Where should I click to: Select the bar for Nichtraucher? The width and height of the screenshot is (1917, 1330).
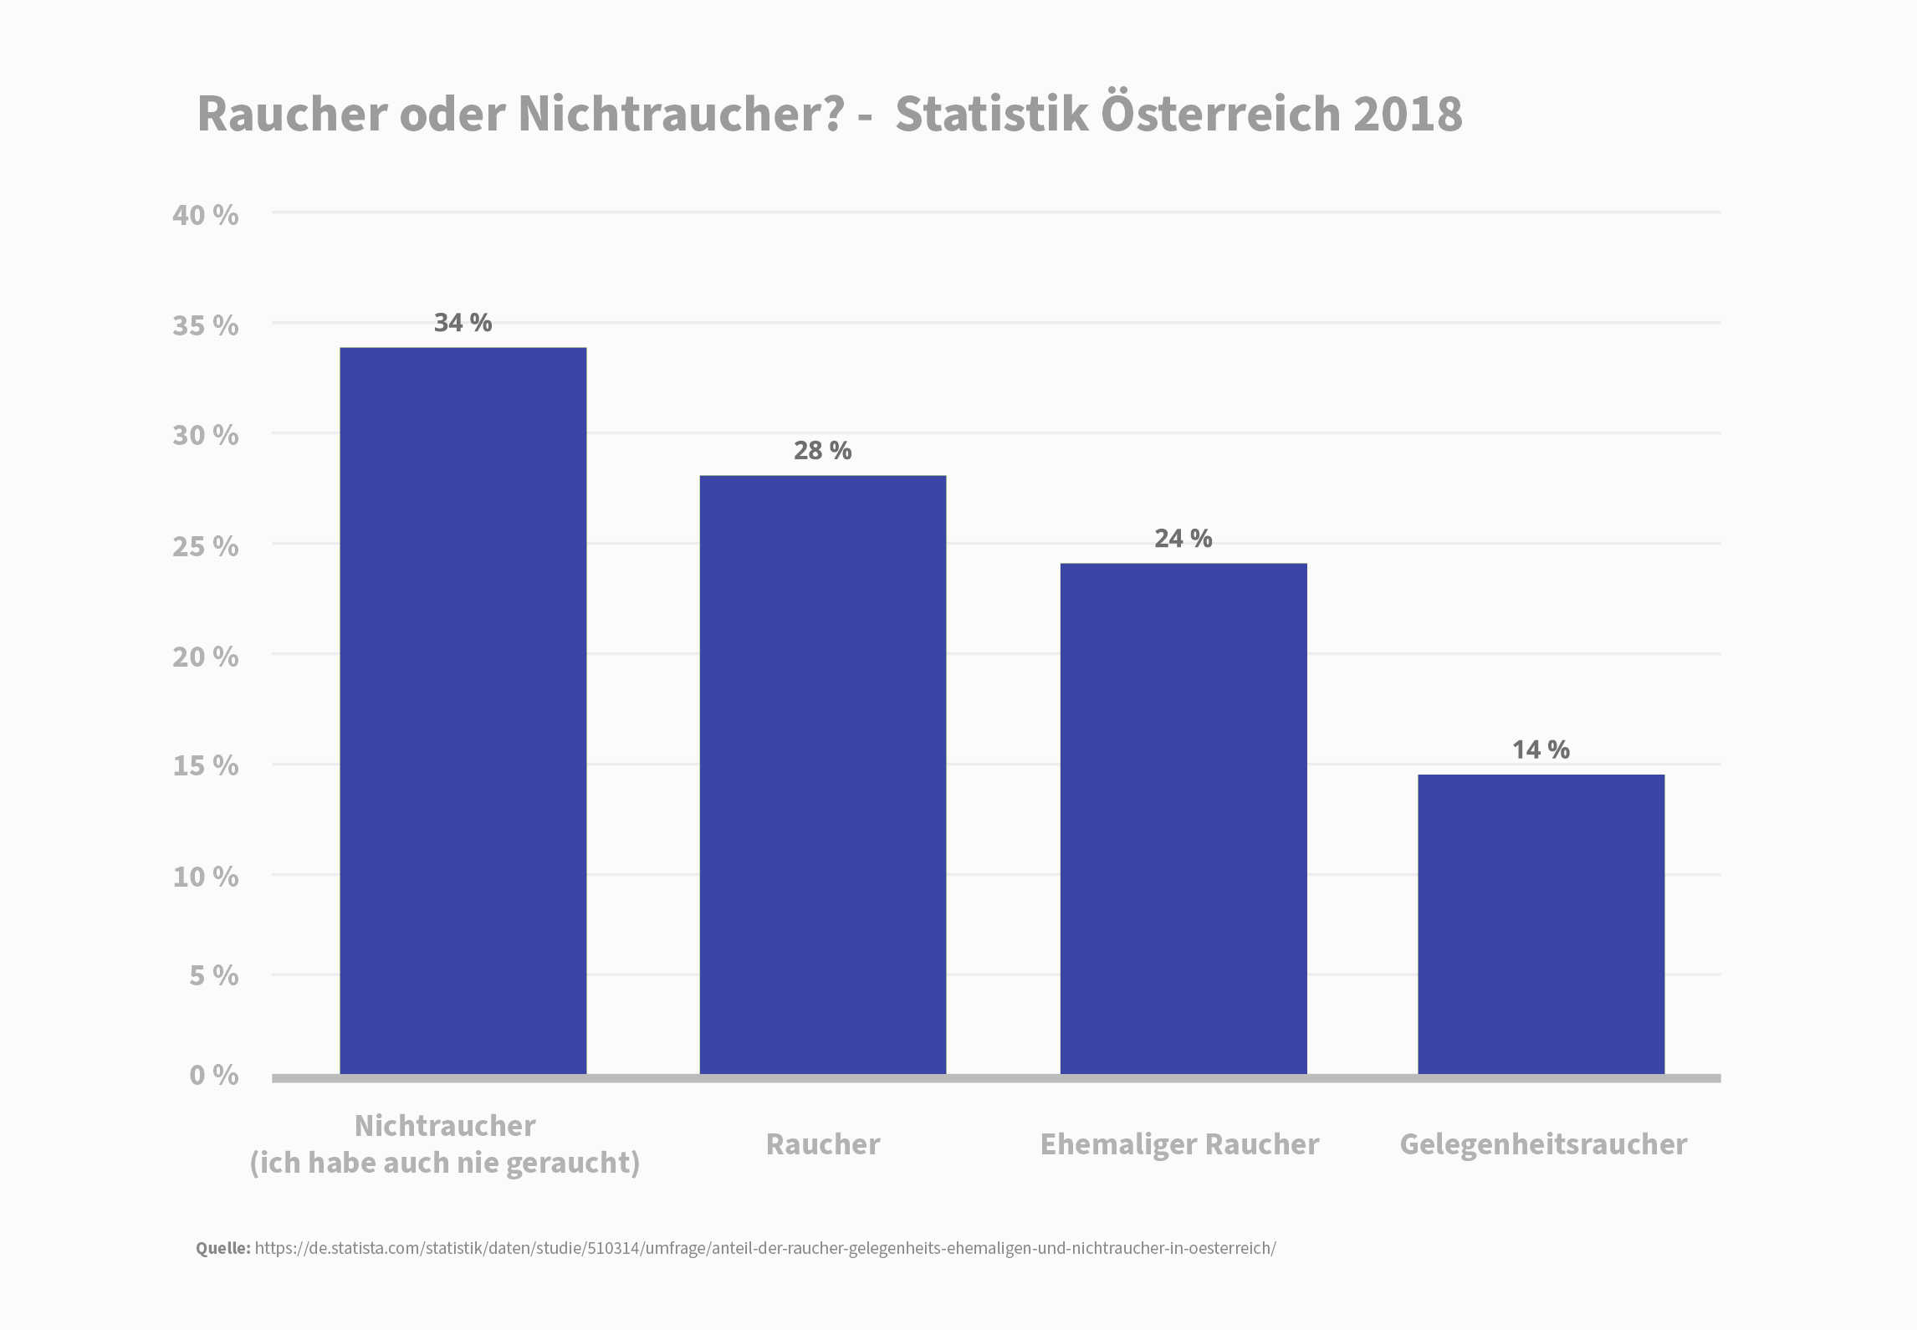[463, 711]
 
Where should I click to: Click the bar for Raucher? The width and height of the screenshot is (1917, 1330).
[823, 775]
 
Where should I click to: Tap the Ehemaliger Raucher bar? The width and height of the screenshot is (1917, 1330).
[1183, 819]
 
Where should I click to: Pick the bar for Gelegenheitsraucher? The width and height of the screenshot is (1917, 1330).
[1541, 924]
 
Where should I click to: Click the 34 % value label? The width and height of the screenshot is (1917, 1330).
[463, 323]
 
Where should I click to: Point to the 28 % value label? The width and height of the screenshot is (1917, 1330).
[823, 451]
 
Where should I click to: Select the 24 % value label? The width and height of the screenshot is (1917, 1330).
[1183, 539]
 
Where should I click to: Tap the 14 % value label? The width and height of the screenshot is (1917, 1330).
[1541, 749]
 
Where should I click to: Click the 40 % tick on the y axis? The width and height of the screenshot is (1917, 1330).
[206, 215]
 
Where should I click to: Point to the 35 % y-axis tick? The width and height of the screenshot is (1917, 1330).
[206, 325]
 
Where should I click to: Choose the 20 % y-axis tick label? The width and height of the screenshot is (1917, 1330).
[206, 657]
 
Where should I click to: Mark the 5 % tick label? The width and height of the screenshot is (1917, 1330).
[214, 975]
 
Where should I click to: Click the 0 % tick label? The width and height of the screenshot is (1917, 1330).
[214, 1075]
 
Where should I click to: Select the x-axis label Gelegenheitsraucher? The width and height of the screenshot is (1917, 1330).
[1543, 1144]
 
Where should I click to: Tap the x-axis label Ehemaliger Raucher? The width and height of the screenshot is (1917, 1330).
[1179, 1144]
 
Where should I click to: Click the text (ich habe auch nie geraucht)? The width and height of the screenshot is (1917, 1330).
[445, 1164]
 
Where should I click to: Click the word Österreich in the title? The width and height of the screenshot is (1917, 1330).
[1221, 114]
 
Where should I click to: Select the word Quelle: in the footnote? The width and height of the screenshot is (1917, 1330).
[223, 1249]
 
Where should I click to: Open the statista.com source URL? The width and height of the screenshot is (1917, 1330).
[765, 1249]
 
